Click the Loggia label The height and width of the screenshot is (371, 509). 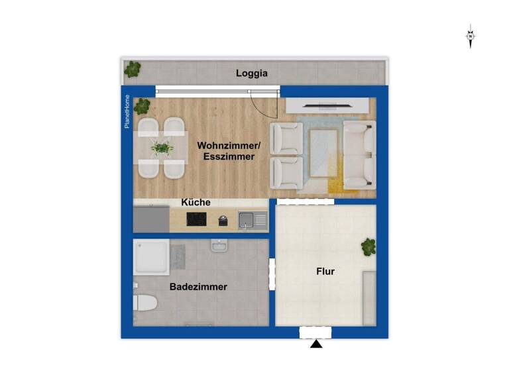coord(252,74)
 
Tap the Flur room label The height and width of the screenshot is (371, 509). coord(325,272)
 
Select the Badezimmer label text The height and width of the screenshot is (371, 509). coord(198,287)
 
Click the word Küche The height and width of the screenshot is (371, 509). coord(196,203)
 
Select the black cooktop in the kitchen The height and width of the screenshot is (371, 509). coord(197,219)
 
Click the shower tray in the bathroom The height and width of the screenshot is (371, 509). coord(152,257)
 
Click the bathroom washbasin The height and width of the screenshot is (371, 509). coord(219,246)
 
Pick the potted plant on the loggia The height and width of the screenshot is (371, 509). coord(133,68)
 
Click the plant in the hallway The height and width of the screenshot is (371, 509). coord(368,246)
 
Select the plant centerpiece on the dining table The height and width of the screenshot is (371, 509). coord(162,147)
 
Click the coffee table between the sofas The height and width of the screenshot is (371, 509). coord(323,152)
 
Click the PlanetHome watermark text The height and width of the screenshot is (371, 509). coord(127,111)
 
